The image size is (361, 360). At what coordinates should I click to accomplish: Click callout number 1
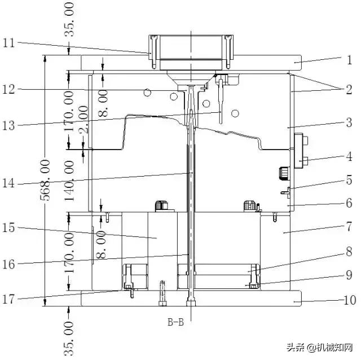[x=349, y=58]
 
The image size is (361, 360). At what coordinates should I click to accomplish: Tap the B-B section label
[x=175, y=323]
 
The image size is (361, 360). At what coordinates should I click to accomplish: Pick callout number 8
[x=349, y=252]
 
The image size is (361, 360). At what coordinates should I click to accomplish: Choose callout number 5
[x=349, y=180]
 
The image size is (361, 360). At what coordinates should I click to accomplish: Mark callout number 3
[x=349, y=122]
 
